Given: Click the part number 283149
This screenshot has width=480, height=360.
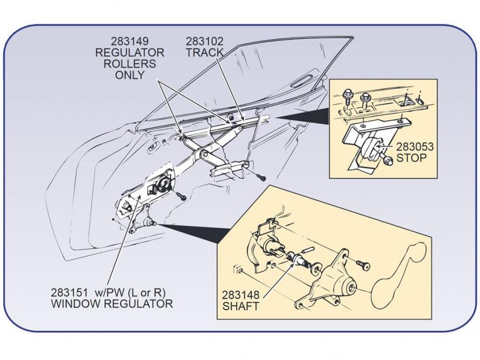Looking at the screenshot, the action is click(x=130, y=41).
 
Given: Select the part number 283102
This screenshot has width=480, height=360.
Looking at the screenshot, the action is click(x=205, y=41).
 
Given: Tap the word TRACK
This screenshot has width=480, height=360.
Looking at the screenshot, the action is click(x=205, y=52).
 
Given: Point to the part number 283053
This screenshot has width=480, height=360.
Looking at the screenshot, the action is click(x=415, y=147).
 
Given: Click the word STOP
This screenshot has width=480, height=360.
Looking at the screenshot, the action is click(x=411, y=158).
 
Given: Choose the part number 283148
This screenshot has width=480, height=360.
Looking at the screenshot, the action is click(x=241, y=295).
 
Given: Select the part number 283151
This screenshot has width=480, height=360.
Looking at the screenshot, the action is click(x=70, y=293).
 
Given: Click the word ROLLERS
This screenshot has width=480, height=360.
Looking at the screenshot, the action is click(x=130, y=63).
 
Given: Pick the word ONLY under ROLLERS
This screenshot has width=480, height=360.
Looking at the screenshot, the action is click(x=130, y=75).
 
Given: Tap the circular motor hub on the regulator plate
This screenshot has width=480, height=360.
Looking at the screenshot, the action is click(x=163, y=185).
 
